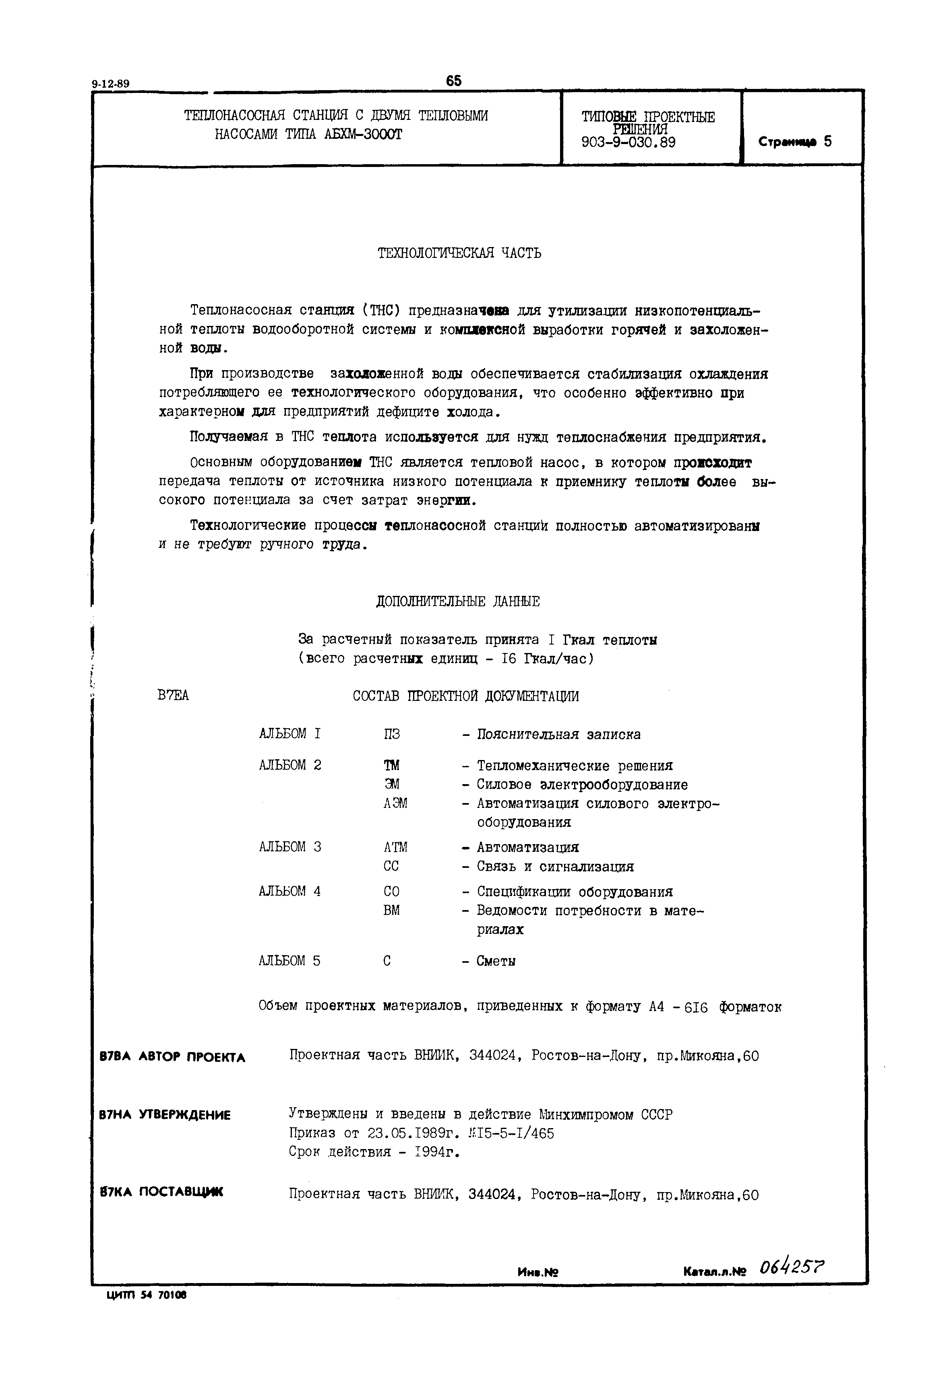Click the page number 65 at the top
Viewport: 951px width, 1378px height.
tap(453, 80)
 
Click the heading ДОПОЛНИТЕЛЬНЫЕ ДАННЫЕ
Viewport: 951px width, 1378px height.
tap(458, 602)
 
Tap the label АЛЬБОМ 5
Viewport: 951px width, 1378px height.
tap(289, 960)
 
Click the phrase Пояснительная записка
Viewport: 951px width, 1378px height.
tap(558, 734)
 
